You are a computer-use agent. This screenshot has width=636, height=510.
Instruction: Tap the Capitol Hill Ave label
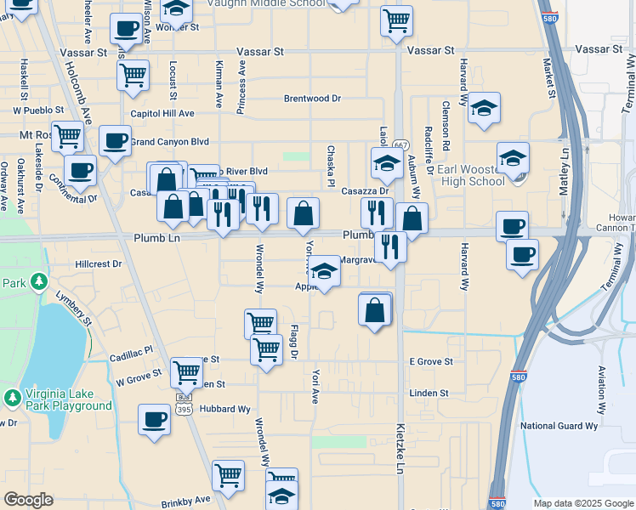[162, 114]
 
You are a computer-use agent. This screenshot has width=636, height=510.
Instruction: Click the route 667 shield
[401, 145]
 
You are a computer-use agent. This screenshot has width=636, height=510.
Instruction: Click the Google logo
[29, 500]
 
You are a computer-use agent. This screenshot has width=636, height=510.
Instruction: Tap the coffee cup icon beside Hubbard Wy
[155, 419]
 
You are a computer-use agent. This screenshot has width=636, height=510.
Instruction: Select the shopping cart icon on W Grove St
[186, 371]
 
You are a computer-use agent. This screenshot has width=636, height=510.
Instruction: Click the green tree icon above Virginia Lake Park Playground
[13, 398]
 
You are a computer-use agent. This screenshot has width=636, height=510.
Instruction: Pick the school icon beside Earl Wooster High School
[514, 158]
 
